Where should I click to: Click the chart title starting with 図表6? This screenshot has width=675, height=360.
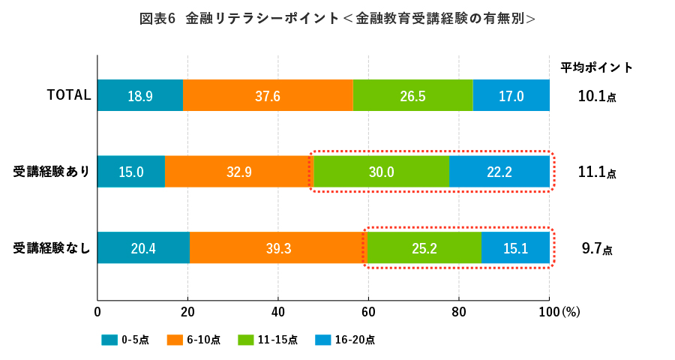(337, 19)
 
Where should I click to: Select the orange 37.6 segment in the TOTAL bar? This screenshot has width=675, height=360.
(268, 95)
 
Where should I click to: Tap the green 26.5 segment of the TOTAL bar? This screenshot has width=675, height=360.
(413, 95)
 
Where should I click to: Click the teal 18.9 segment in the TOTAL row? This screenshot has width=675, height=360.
(140, 95)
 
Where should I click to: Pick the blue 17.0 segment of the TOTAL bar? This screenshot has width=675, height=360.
(511, 95)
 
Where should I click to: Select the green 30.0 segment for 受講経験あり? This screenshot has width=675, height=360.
(381, 172)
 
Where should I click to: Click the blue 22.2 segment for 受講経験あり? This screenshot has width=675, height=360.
(499, 172)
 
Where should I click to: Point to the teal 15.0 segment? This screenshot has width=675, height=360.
(131, 172)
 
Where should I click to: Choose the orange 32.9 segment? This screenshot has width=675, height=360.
(239, 172)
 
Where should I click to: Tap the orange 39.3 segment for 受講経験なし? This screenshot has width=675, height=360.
(278, 248)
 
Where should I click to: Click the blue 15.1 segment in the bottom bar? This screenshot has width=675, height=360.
(515, 248)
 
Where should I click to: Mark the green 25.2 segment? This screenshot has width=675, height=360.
(424, 248)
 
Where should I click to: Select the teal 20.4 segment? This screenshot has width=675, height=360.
(143, 248)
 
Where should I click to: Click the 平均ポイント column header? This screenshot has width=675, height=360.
(597, 67)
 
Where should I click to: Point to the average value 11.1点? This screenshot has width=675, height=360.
(597, 172)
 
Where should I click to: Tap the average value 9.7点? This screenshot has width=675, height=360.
(597, 248)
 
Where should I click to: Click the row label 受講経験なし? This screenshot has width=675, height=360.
(52, 248)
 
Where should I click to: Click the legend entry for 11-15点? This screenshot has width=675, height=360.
(268, 340)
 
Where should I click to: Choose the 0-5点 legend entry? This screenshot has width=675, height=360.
(125, 340)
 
